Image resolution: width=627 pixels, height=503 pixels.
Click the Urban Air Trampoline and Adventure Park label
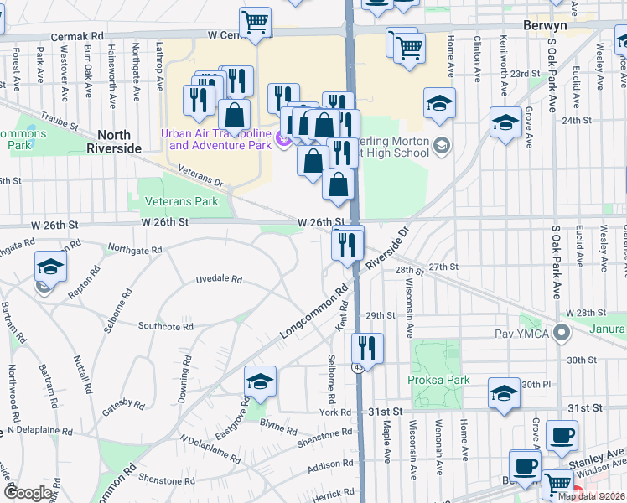click(x=220, y=139)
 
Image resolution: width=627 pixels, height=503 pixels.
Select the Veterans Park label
click(x=181, y=201)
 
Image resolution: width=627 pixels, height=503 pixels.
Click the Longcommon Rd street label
click(x=314, y=314)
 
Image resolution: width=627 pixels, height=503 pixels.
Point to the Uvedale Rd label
click(x=219, y=279)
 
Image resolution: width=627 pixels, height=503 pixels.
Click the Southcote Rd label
click(x=166, y=325)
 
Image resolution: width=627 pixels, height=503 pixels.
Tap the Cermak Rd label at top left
click(x=76, y=38)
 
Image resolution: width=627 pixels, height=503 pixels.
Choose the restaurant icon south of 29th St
click(x=367, y=346)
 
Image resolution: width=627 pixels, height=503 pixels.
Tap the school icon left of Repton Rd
click(x=50, y=267)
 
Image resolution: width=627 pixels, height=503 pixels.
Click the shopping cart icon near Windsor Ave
click(x=557, y=484)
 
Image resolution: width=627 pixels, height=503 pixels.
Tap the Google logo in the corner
click(x=28, y=493)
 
